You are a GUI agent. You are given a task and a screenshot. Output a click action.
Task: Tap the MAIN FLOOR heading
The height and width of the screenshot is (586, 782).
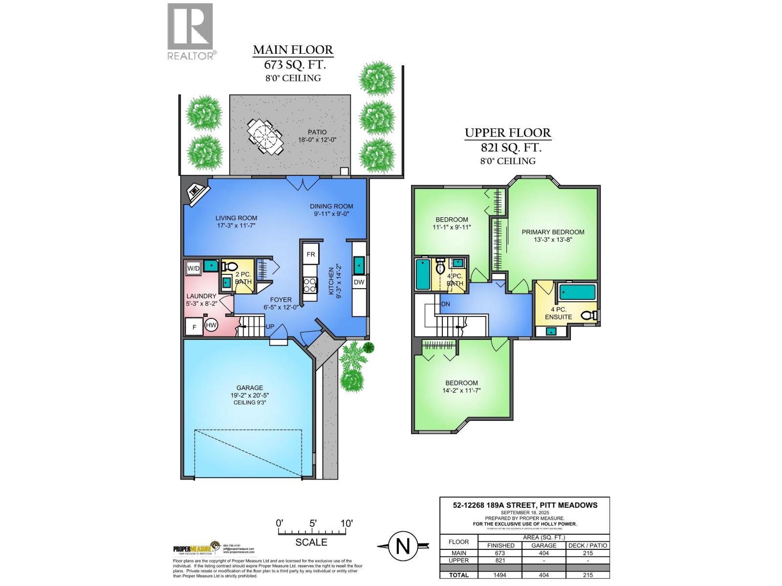[x=293, y=50]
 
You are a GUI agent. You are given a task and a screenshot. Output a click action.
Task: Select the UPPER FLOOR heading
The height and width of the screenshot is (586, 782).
[x=507, y=133]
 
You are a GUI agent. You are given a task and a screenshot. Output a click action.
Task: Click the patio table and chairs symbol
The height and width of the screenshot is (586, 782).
[x=265, y=137]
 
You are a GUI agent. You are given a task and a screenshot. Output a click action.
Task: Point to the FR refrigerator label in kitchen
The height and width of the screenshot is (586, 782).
[x=311, y=254]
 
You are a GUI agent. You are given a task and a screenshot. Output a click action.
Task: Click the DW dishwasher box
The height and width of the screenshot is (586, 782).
[x=359, y=282]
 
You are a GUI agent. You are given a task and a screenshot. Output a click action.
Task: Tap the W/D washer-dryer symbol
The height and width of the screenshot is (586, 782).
[x=194, y=268]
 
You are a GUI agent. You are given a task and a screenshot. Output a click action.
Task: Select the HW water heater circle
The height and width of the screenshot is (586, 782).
[x=211, y=325]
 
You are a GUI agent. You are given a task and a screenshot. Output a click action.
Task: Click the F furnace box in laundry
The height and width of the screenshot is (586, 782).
[x=195, y=327]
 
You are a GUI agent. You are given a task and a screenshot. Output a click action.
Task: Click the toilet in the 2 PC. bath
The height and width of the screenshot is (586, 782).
[x=229, y=267]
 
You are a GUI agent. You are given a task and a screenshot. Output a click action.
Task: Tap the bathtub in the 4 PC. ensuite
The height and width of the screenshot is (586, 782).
[x=577, y=293]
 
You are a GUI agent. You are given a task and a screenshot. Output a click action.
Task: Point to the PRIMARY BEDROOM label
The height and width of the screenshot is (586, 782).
[x=553, y=232]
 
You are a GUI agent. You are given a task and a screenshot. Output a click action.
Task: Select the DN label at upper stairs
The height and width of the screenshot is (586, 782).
[x=445, y=304]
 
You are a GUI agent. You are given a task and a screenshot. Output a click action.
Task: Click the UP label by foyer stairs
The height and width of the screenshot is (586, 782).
[x=270, y=326]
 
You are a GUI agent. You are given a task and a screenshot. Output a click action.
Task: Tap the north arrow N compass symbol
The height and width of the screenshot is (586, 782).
[x=403, y=546]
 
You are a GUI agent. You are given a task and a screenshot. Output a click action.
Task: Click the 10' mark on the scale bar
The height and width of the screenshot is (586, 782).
[x=347, y=523]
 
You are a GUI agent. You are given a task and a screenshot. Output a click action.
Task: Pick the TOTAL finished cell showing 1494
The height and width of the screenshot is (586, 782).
[x=500, y=575]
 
